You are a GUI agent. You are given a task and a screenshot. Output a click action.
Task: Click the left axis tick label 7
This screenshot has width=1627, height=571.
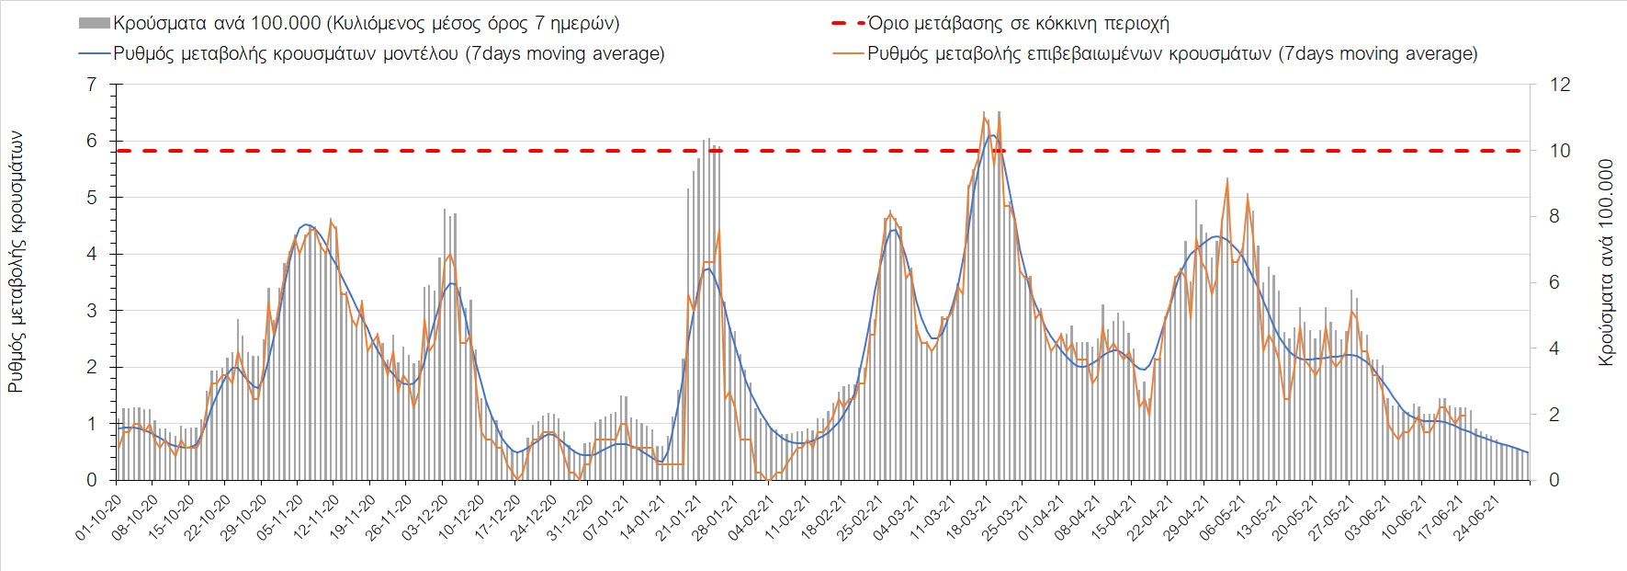coord(91,85)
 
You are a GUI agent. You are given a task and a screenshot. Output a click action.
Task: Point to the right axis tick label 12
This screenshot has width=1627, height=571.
coord(1560,85)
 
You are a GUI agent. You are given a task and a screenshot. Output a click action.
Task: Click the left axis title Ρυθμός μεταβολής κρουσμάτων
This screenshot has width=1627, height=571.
coord(17,262)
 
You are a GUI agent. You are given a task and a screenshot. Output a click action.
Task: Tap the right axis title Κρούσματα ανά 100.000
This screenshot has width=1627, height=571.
coord(1606,262)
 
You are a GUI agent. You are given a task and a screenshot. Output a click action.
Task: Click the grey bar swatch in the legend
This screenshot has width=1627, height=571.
coord(95,24)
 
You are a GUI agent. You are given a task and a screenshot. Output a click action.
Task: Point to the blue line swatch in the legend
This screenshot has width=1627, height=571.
coord(95,53)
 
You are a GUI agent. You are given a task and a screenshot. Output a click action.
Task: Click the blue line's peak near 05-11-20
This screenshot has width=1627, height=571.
coord(307,224)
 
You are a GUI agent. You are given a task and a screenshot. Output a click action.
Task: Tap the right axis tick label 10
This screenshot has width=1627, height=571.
coord(1560,151)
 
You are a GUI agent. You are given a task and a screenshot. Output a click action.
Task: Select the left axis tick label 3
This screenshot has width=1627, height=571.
coord(91,311)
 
